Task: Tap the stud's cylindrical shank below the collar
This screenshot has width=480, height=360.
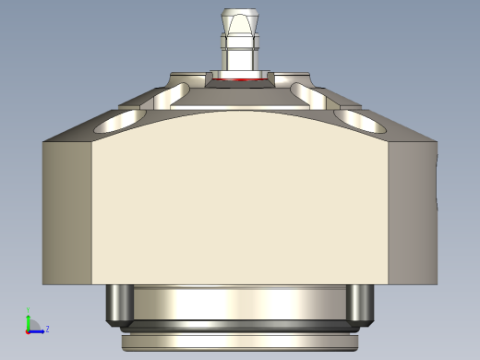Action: (240, 60)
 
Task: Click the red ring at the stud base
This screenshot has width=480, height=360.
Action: (240, 80)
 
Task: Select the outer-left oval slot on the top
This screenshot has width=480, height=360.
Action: (118, 121)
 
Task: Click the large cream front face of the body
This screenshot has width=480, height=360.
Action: (240, 203)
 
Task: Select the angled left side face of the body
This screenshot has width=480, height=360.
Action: (67, 212)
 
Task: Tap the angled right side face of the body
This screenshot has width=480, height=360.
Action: (412, 212)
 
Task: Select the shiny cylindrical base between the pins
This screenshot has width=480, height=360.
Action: (240, 303)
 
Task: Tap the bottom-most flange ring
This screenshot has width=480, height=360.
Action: (240, 342)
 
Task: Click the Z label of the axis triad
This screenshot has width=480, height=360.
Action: (47, 329)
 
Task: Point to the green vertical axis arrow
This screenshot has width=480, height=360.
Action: (28, 318)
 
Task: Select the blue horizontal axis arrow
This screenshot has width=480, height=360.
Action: (37, 330)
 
